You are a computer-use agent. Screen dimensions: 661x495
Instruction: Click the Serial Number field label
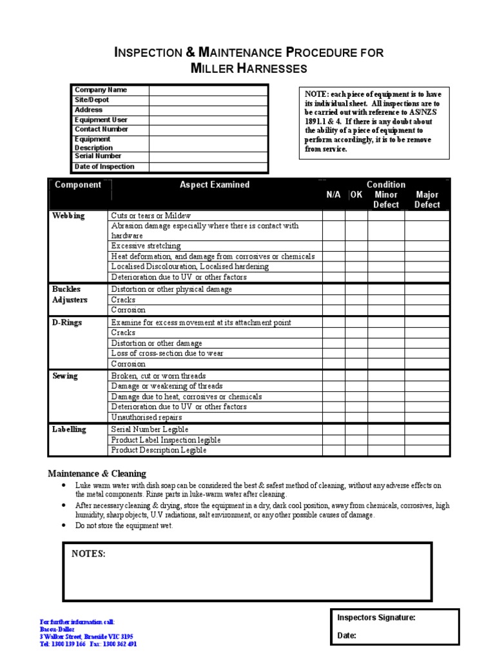pos(98,156)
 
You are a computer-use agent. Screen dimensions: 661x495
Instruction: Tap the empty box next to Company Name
pos(208,90)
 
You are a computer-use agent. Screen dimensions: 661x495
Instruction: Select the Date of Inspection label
pos(104,167)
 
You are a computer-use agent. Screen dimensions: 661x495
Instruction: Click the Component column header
pos(78,185)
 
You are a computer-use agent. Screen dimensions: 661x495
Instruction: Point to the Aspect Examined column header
pos(215,185)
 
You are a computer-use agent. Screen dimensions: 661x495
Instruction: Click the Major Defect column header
pos(427,199)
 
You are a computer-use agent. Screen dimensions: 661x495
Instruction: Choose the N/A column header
pos(333,195)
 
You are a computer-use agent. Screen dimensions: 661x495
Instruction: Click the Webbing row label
pos(68,216)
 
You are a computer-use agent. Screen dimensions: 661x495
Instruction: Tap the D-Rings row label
pos(67,322)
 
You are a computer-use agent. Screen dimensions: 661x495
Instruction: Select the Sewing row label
pos(65,376)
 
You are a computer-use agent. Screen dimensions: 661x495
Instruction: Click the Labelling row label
pos(69,429)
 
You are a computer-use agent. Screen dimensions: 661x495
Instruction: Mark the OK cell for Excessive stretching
pos(356,246)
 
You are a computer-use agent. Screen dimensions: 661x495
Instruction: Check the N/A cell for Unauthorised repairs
pos(333,418)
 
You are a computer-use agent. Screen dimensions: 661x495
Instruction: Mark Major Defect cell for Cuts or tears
pos(427,216)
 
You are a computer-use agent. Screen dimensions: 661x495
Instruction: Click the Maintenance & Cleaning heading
pos(97,473)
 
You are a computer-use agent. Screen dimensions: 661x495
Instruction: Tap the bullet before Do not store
pos(63,526)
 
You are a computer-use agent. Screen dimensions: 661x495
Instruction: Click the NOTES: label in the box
pos(89,554)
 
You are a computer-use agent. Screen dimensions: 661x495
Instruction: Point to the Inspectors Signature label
pos(376,618)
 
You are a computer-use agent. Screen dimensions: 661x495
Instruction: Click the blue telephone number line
pos(88,644)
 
